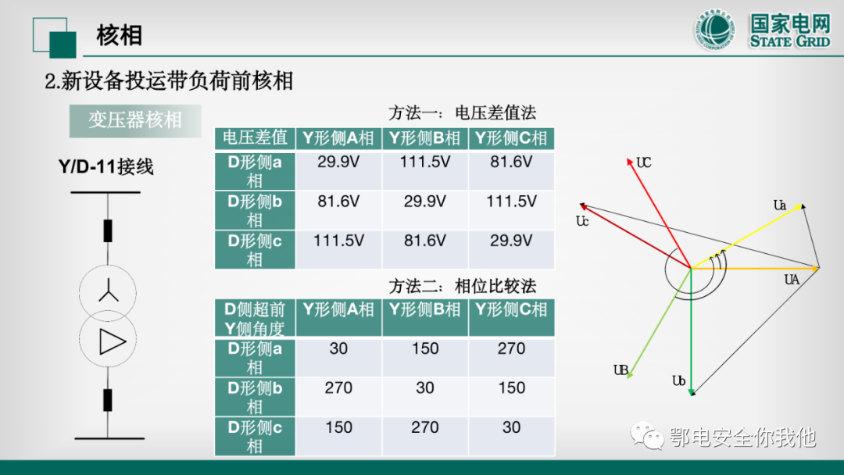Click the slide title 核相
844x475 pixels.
click(x=119, y=35)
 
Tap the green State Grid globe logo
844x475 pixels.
click(x=716, y=32)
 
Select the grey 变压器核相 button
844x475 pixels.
click(x=134, y=120)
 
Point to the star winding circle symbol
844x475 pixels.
click(x=109, y=293)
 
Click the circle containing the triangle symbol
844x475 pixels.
click(x=109, y=341)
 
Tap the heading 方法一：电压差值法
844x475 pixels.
click(x=463, y=112)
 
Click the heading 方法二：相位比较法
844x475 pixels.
click(x=463, y=286)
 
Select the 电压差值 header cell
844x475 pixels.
click(x=255, y=138)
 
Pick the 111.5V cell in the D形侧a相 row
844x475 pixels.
click(x=425, y=162)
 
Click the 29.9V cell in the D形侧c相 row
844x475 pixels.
click(x=511, y=241)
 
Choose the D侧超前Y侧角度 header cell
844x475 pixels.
click(x=255, y=319)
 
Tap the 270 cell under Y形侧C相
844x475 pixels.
click(x=511, y=348)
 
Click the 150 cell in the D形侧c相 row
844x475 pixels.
click(x=338, y=427)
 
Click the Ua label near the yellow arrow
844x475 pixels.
click(x=780, y=205)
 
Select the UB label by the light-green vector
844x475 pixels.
click(x=621, y=370)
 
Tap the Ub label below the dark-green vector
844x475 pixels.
click(x=679, y=380)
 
